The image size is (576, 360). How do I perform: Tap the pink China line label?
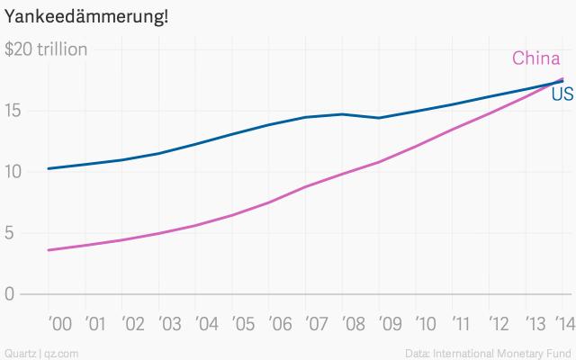[536, 59]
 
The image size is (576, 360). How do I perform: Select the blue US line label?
[562, 94]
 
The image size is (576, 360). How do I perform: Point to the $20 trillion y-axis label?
[47, 49]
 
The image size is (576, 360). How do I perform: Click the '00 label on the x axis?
[58, 322]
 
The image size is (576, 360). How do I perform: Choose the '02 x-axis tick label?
[133, 322]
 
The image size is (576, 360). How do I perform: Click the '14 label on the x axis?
[563, 322]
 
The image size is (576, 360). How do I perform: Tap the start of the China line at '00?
[48, 250]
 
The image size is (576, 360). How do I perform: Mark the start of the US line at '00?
[48, 168]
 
